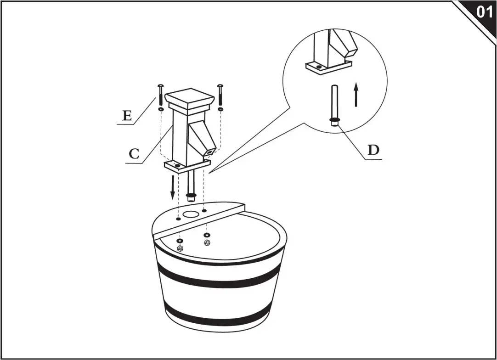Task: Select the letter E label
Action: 127,116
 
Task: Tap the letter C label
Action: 134,153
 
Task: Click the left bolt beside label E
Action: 160,96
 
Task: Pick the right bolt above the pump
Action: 220,95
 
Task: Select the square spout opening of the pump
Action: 210,152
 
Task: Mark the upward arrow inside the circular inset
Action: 356,95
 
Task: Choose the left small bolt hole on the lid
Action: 178,219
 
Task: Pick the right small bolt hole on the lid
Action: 204,211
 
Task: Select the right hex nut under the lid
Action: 207,242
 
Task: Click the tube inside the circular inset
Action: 334,104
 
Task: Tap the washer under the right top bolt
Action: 221,109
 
